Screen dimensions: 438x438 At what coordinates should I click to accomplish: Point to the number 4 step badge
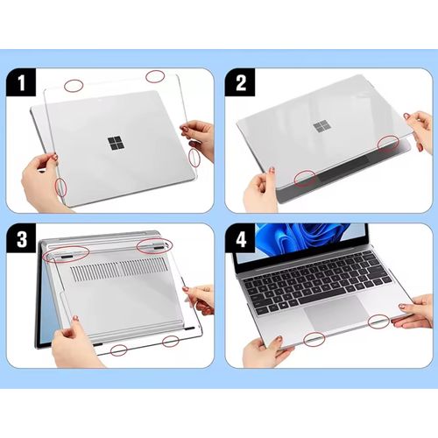coord(242,237)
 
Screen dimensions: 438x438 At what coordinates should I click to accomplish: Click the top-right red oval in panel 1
coord(156,76)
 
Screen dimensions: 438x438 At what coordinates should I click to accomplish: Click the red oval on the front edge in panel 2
coord(305,180)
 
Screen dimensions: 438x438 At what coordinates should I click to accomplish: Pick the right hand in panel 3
coord(199,298)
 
